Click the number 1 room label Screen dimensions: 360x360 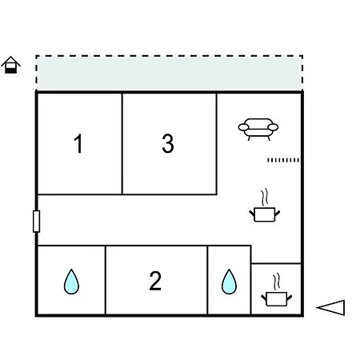(78, 143)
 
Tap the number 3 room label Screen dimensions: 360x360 (168, 143)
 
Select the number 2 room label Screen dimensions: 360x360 (155, 281)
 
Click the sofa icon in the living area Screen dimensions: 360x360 (258, 129)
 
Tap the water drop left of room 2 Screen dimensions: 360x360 (71, 282)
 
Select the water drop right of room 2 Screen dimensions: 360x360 (229, 282)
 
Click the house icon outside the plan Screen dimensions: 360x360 (10, 65)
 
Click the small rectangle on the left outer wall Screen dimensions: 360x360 (36, 222)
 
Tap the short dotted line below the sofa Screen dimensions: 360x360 (283, 160)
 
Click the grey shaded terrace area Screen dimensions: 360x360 (170, 73)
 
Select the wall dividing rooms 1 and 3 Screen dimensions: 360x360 (122, 144)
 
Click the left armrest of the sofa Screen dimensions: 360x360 (244, 127)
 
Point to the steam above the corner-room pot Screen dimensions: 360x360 (277, 280)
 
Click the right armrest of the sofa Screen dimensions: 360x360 (273, 127)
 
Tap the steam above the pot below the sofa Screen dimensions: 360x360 (265, 197)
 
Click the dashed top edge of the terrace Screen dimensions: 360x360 (170, 56)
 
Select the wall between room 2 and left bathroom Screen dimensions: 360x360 (106, 280)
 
